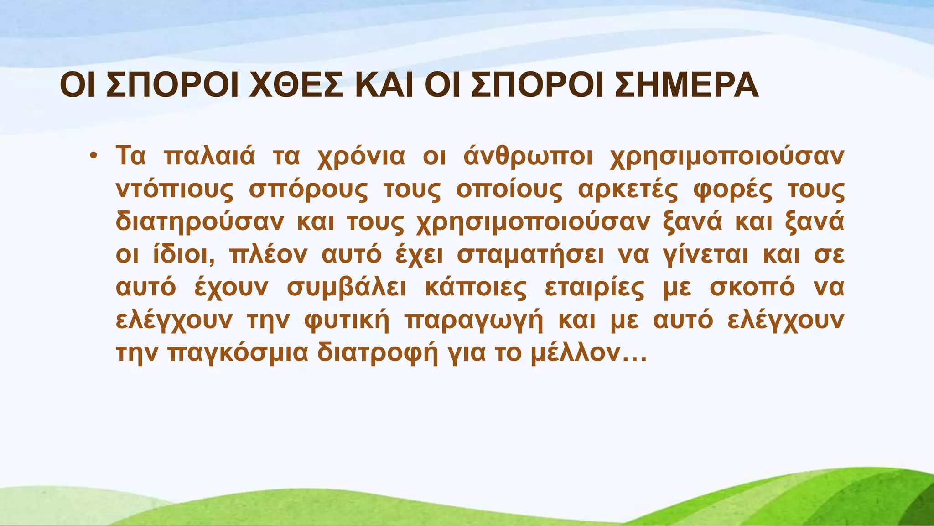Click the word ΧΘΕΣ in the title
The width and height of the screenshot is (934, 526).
[x=296, y=86]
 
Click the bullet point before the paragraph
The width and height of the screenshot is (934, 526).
[x=93, y=156]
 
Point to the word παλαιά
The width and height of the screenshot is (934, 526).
[x=209, y=157]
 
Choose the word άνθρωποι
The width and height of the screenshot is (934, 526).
[x=528, y=157]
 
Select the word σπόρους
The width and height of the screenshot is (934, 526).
[x=308, y=190]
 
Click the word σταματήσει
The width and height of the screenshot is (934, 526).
[x=530, y=255]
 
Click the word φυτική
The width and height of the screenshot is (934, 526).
[x=347, y=321]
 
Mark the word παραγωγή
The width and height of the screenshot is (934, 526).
[x=474, y=321]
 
